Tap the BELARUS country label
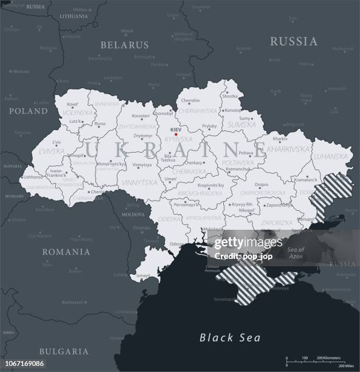pyautogui.click(x=125, y=45)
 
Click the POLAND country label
pyautogui.click(x=28, y=112)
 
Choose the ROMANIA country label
pyautogui.click(x=66, y=252)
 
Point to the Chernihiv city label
pyautogui.click(x=190, y=100)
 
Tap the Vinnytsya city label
pyautogui.click(x=141, y=164)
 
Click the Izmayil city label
pyautogui.click(x=143, y=275)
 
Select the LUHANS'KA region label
pyautogui.click(x=330, y=156)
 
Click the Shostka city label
pyautogui.click(x=230, y=96)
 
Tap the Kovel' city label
pyautogui.click(x=74, y=106)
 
